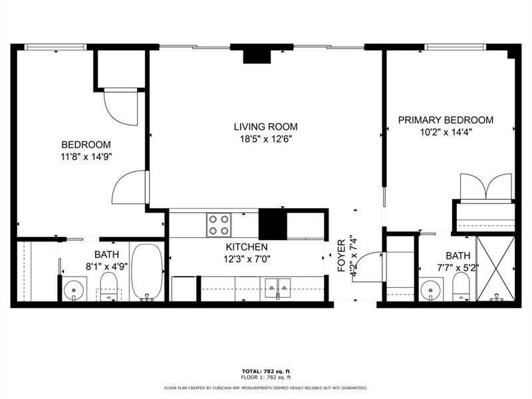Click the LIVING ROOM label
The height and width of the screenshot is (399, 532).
[265, 127]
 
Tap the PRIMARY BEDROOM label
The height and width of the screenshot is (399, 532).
[446, 120]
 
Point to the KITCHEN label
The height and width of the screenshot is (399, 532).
[247, 247]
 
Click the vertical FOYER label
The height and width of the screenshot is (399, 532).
[341, 255]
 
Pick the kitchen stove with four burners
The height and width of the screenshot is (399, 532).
[219, 225]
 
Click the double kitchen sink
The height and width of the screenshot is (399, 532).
[277, 288]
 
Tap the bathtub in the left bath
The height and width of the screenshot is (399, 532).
[147, 272]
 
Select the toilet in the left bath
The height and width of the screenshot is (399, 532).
[108, 287]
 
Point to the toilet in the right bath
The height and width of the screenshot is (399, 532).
[461, 287]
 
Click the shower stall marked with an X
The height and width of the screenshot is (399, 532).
[495, 269]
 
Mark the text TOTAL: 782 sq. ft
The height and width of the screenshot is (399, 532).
[266, 372]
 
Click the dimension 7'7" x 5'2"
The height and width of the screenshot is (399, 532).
[458, 268]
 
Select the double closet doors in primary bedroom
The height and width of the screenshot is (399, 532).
[486, 188]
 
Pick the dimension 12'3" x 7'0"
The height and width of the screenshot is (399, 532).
[247, 259]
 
